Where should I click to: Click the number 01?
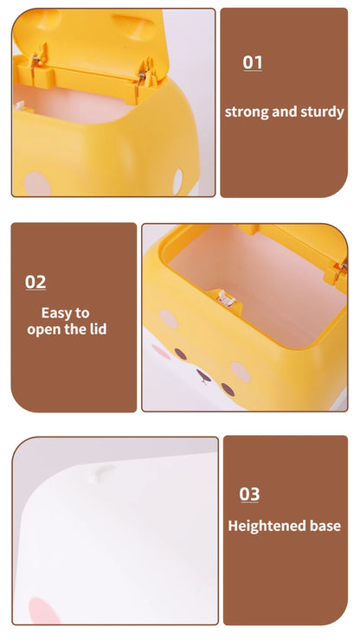tap(252, 62)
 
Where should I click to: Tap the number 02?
tap(35, 282)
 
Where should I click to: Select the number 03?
tap(249, 494)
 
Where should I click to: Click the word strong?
tap(247, 112)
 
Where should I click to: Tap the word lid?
tap(97, 329)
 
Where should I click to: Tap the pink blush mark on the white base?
tap(44, 611)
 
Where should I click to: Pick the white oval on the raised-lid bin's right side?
tap(177, 182)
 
